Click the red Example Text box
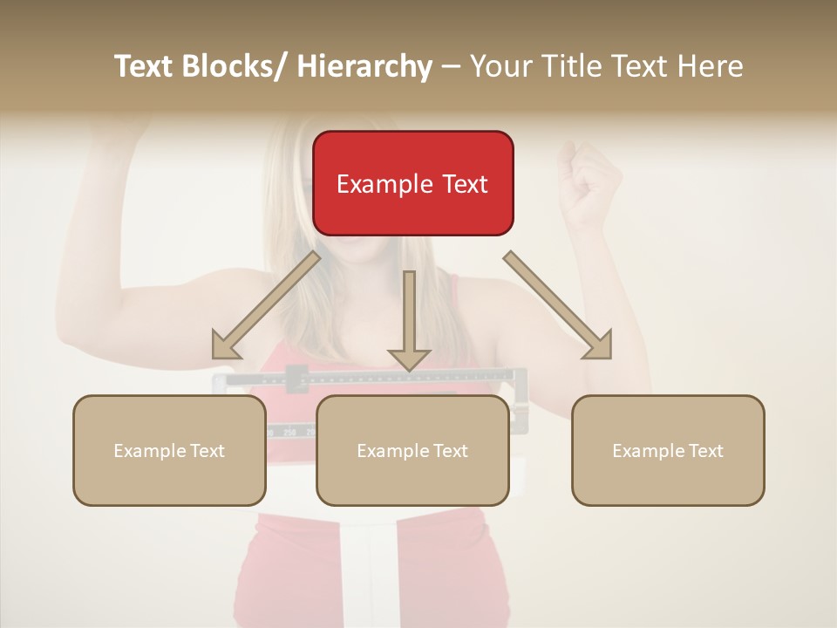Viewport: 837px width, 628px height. (x=412, y=183)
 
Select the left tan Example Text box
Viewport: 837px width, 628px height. (x=169, y=450)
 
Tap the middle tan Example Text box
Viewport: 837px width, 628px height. (x=412, y=450)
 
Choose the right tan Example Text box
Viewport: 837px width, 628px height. (x=668, y=450)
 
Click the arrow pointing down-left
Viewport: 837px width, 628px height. (x=266, y=306)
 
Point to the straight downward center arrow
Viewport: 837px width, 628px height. (x=409, y=318)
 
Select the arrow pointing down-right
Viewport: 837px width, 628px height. (x=558, y=305)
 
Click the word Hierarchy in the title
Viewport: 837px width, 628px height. (x=364, y=66)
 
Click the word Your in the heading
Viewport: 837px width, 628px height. (x=500, y=66)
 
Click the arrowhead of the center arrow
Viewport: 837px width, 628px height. (x=409, y=358)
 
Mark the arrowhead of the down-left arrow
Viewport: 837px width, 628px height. (x=224, y=346)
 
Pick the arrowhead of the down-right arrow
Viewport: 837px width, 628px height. (x=600, y=346)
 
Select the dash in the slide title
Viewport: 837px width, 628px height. (x=451, y=67)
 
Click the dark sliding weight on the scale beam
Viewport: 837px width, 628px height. (x=296, y=379)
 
